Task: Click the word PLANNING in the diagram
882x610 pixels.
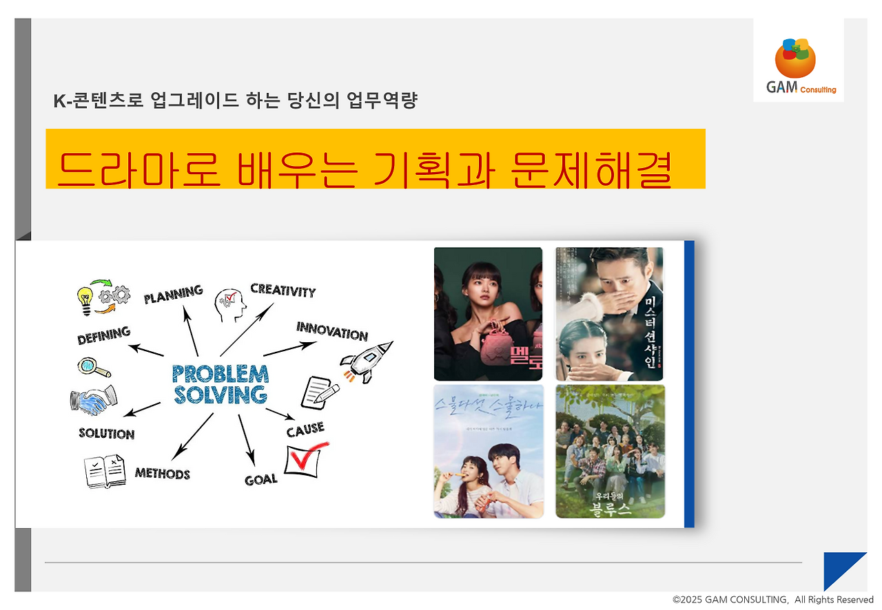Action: tap(173, 294)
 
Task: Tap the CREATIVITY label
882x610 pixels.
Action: tap(283, 290)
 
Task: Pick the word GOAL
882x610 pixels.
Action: tap(261, 479)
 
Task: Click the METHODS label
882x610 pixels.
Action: tap(162, 473)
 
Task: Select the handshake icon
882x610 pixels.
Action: tap(93, 399)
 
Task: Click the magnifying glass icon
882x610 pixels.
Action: tap(92, 368)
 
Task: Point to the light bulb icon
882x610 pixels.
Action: tap(85, 299)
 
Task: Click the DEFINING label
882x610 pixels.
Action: tap(104, 335)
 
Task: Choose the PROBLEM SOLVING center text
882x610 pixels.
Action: tap(220, 384)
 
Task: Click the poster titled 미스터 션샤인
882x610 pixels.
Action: tap(609, 314)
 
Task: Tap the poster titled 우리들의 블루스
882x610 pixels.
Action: tap(610, 451)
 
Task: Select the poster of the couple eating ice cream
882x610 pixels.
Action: tap(488, 451)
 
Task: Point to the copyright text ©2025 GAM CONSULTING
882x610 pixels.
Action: tap(772, 600)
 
